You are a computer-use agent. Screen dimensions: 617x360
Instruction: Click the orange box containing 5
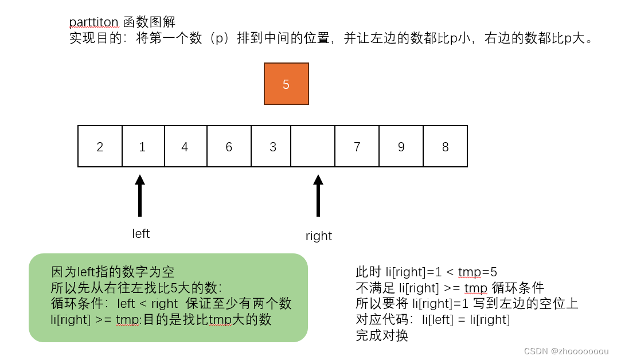286,84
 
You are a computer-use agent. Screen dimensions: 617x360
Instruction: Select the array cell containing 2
100,147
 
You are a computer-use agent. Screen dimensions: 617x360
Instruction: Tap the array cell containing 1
143,147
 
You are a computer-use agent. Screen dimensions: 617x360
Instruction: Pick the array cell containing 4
185,147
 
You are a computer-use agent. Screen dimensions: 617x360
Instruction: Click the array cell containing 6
229,147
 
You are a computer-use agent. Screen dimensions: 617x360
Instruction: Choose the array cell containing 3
272,147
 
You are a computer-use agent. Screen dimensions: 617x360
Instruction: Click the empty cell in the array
313,147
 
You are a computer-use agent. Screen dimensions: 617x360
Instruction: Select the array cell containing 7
357,147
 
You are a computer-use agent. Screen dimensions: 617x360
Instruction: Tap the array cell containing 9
401,147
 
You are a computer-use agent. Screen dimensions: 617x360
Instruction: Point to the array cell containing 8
445,147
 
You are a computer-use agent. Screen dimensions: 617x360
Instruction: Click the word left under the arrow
140,233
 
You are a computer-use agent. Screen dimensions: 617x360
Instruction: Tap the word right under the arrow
319,236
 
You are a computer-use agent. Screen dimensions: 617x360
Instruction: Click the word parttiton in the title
94,22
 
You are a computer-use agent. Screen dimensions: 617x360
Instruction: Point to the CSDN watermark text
566,351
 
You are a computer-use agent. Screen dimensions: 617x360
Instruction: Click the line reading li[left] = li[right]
433,320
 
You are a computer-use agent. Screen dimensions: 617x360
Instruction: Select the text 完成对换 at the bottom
382,336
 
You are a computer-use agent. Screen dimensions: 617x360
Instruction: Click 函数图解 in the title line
149,22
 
